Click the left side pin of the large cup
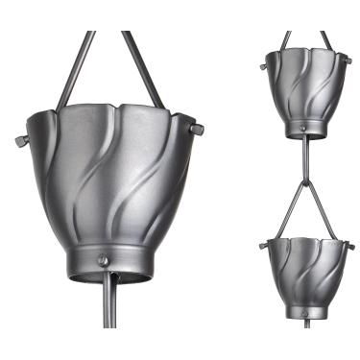coord(21,140)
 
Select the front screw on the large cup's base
coord(103,260)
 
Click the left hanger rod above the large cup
coord(74,67)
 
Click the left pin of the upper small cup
coord(263,66)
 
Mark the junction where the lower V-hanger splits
coord(305,180)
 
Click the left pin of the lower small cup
coord(262,246)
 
